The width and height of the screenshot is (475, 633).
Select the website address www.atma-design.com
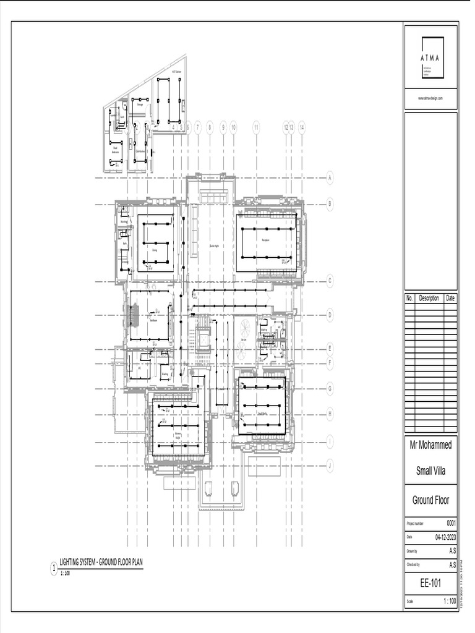430,98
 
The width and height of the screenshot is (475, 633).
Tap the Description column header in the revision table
429,298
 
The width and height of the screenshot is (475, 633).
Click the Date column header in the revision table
450,298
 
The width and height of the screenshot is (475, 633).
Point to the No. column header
409,298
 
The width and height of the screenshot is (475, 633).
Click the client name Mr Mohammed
431,445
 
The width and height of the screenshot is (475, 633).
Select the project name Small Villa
431,472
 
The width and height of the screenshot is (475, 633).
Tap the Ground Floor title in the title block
431,500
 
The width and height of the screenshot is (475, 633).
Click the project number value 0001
451,522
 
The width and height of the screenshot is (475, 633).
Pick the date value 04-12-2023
445,537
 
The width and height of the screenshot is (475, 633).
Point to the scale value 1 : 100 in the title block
450,601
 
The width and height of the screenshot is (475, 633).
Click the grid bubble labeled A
330,177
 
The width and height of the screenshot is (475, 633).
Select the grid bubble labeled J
330,465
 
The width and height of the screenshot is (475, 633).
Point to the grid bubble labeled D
330,315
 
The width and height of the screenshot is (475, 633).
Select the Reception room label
265,240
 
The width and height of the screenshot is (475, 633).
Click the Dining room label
155,250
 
